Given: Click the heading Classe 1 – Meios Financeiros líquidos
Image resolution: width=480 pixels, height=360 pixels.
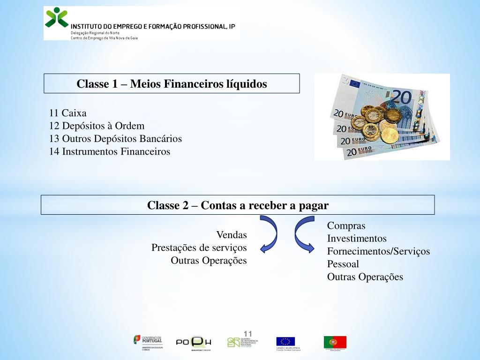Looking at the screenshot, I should point(172,84).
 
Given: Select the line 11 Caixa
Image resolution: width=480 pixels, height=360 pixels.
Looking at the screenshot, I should point(68,113).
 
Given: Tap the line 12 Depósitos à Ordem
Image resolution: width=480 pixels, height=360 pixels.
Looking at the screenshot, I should point(97,126).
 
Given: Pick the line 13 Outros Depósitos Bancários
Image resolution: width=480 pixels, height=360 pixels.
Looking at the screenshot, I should point(115,139).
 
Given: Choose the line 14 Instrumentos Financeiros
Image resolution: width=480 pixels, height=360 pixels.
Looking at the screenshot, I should point(110,151).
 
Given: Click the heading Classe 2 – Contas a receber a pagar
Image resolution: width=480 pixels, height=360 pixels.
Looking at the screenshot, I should point(238,205).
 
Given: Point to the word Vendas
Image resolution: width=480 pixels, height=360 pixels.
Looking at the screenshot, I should point(232,234).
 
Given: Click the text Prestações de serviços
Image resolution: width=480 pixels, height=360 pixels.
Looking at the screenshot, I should point(199,247).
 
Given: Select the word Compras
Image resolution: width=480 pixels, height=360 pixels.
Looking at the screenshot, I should point(346,226).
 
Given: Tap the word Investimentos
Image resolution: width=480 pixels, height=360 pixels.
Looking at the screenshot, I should point(357,239).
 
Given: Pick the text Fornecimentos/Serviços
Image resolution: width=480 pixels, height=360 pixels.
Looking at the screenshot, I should point(378,251).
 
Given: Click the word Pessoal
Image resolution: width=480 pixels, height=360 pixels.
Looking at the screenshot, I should point(343,264).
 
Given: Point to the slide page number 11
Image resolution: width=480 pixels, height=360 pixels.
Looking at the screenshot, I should point(248,334).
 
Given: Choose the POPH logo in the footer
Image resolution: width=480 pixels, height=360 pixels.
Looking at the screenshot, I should point(194,342).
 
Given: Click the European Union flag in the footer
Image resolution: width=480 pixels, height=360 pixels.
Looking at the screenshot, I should point(285,342).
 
